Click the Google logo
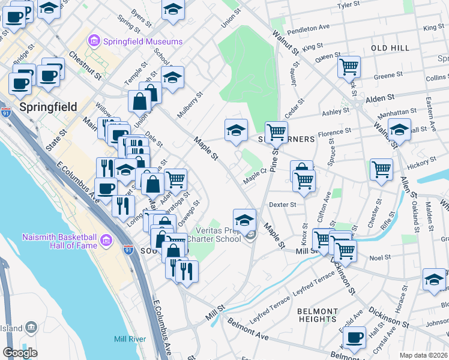pyautogui.click(x=20, y=352)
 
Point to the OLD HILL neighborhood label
pyautogui.click(x=390, y=48)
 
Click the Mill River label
pyautogui.click(x=130, y=340)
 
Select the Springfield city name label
pyautogui.click(x=48, y=107)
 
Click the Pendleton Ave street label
pyautogui.click(x=309, y=28)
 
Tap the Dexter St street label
pyautogui.click(x=283, y=204)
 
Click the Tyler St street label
pyautogui.click(x=352, y=5)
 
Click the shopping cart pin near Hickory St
pyautogui.click(x=382, y=170)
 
